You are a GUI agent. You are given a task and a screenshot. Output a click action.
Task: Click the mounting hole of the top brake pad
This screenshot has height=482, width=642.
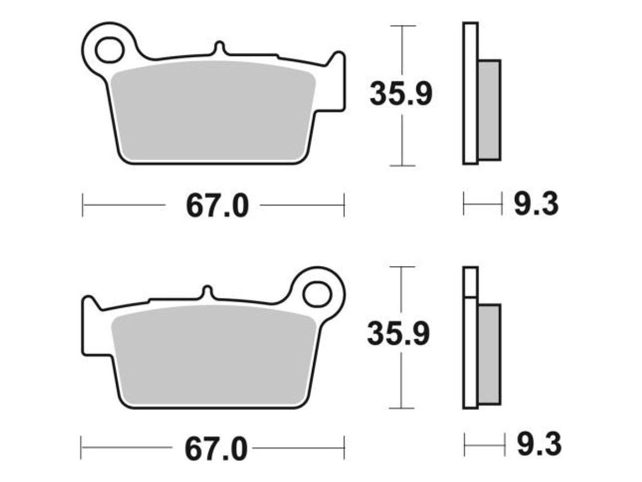[109, 50]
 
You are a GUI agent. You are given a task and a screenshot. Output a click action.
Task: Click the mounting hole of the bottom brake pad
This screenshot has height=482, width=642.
[316, 294]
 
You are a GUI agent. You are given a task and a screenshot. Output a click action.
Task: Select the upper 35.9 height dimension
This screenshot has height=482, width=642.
[400, 94]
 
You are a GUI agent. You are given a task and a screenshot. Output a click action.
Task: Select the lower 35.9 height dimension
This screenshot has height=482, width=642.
[398, 334]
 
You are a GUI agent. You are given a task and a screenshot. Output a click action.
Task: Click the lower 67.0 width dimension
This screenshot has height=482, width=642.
[217, 449]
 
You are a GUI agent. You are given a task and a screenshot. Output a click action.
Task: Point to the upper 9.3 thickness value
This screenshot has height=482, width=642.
[535, 205]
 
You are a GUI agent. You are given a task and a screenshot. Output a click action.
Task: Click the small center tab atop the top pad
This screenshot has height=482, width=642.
[220, 48]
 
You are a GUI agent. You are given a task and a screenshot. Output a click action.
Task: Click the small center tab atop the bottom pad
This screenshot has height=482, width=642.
[207, 293]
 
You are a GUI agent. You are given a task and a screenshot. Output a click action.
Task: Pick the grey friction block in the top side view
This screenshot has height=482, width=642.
[489, 109]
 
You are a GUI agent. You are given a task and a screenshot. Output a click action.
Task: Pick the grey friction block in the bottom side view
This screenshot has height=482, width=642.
[489, 353]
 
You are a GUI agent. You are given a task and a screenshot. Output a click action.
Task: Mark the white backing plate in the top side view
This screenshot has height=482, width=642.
[470, 93]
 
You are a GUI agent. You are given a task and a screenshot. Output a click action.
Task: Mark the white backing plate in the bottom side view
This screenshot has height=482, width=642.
[470, 350]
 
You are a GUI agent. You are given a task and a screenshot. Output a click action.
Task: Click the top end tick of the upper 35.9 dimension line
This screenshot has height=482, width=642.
[402, 26]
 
